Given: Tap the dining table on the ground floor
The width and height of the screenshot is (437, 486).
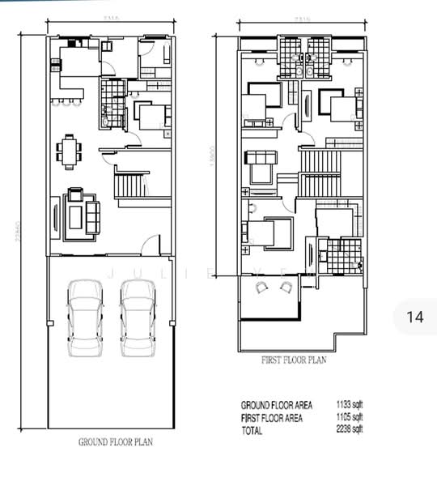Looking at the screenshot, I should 70,151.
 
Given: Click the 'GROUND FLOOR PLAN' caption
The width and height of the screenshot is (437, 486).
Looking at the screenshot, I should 115,442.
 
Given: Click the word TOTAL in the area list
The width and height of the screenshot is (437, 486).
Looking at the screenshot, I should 252,431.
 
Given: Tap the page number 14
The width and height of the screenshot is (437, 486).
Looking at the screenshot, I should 414,317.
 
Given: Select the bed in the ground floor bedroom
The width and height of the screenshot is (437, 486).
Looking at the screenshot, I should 151,118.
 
